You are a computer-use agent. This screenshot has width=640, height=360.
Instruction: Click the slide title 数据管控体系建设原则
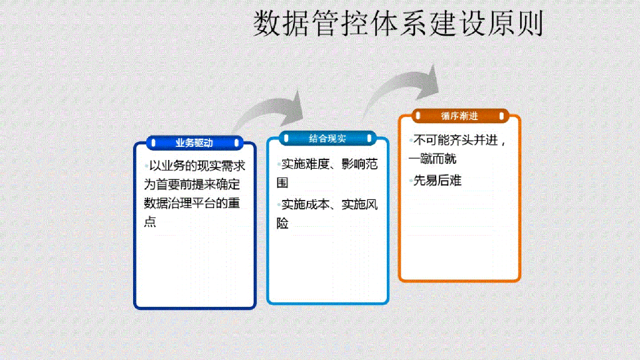coord(398,24)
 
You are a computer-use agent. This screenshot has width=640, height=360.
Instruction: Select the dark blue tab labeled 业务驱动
coord(194,143)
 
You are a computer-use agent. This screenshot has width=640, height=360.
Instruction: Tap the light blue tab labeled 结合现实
coord(327,138)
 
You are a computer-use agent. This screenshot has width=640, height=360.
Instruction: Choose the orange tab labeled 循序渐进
coord(459,116)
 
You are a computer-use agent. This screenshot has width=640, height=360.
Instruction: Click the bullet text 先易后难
coord(437,181)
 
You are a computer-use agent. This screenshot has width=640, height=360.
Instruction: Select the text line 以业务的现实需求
coord(196,166)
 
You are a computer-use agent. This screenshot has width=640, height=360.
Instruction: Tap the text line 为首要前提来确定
coord(192,184)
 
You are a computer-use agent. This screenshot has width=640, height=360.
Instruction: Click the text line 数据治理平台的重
coord(192,203)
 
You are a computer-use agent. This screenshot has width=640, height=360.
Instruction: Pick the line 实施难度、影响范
coord(329,164)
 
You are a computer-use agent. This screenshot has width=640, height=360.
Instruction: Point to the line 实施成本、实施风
coord(329,204)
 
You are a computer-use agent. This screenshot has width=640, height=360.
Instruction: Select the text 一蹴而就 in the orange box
coord(432,159)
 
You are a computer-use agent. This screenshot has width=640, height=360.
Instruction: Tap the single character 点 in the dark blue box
coord(150,222)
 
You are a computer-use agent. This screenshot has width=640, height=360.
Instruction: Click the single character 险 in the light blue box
coord(282,223)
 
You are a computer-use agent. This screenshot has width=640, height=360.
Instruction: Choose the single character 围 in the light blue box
coord(282,183)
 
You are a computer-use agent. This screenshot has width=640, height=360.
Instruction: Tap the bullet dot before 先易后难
coord(411,181)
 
